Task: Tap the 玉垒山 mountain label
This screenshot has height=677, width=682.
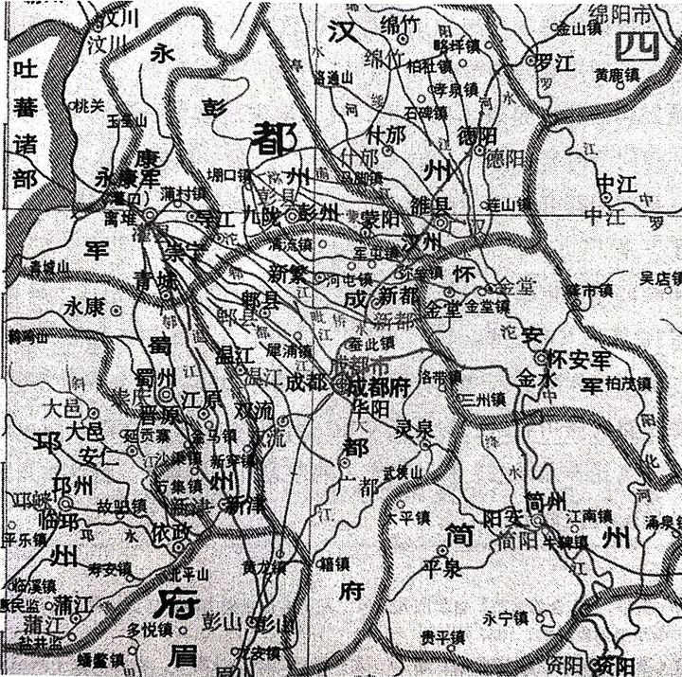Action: (127, 121)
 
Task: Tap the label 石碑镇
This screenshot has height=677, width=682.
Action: (426, 112)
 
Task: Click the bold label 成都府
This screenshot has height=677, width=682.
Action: (378, 385)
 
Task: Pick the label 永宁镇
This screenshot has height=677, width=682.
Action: (503, 619)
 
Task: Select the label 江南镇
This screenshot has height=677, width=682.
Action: (589, 516)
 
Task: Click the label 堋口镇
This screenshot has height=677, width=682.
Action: (230, 175)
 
